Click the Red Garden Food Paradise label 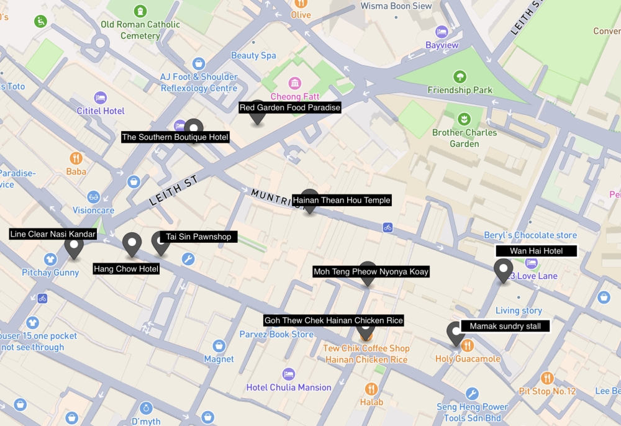coord(290,107)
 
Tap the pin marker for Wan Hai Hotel coord(502,270)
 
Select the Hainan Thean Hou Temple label coord(342,200)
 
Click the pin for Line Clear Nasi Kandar coord(74,247)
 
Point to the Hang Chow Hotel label coord(126,269)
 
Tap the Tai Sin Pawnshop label coord(198,237)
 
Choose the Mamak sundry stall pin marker coord(456,333)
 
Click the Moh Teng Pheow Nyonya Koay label coord(371,271)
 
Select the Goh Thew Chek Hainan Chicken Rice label coord(333,320)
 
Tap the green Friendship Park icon coord(460,77)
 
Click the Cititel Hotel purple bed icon coord(100,97)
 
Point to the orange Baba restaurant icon coord(76,158)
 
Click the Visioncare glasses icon coord(94,197)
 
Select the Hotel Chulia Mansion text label coord(289,387)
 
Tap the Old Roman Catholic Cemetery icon coord(141,11)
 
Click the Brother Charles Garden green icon coord(464,119)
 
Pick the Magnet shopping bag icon coord(219,345)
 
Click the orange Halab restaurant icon coord(371,389)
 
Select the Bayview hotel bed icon coord(442,32)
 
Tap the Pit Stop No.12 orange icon coord(546,378)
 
